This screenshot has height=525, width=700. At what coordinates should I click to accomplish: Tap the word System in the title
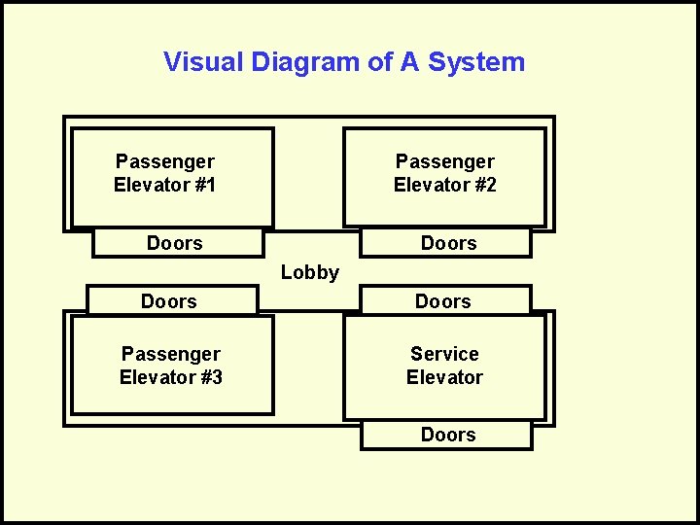476,62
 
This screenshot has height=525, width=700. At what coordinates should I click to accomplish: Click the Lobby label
310,272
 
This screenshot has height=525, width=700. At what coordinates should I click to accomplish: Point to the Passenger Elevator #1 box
172,177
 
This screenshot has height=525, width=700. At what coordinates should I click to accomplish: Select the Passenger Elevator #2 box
444,177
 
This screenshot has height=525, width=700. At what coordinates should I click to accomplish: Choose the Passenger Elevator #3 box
171,366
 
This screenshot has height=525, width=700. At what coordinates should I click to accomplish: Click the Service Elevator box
444,366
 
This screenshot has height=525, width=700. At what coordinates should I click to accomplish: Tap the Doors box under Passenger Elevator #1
177,243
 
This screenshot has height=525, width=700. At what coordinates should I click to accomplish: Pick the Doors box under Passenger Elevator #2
447,243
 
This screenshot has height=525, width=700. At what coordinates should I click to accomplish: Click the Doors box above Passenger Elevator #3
170,301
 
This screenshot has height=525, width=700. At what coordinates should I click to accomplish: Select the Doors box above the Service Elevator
443,301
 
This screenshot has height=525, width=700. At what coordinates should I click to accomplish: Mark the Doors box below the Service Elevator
447,435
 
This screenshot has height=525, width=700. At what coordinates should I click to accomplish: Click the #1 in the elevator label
204,185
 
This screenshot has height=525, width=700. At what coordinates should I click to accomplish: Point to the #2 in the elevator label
483,185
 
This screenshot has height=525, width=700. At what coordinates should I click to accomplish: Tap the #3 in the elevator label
209,377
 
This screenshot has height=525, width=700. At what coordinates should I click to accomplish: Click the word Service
444,354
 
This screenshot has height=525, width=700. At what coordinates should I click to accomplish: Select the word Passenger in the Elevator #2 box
444,161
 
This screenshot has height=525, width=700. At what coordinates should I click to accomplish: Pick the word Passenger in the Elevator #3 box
171,354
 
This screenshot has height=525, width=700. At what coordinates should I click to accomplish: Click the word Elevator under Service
444,377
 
